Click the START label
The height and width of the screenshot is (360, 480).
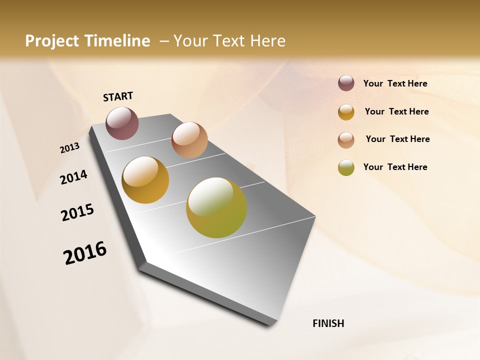coord(118,96)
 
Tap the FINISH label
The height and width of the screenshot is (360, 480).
coord(328,323)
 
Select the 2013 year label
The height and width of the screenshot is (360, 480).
coord(70,148)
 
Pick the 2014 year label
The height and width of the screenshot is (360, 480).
coord(74,177)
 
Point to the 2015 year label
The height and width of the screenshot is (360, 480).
coord(77,212)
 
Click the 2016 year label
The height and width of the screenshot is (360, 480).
coord(85,252)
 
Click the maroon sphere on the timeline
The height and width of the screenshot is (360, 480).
coord(122,123)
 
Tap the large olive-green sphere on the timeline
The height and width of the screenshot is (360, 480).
coord(216,207)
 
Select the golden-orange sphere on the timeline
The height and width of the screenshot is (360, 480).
coord(145,180)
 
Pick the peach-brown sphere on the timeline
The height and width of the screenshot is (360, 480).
coord(189,140)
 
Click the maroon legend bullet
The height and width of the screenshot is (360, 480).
coord(346,83)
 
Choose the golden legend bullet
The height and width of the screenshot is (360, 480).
coord(346,112)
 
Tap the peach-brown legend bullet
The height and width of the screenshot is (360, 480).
coord(346,140)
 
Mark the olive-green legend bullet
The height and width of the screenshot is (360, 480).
coord(346,167)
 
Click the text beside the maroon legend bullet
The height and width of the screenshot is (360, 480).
coord(395,83)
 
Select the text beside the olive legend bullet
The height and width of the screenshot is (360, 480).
coord(395,167)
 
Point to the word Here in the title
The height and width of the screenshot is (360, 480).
coord(268,41)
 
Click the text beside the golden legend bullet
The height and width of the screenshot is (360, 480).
coord(396,111)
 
